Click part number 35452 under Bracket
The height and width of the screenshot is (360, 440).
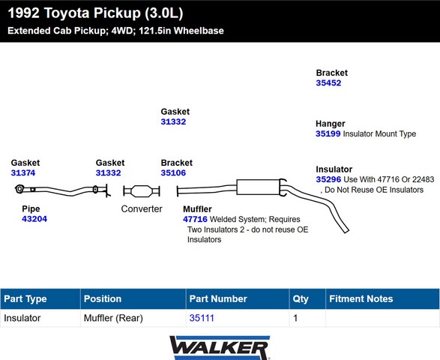point(328,82)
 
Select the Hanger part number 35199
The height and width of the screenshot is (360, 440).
point(328,133)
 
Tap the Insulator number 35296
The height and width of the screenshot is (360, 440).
point(328,179)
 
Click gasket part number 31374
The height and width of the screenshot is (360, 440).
point(23,172)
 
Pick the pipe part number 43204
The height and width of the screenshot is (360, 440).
point(34,219)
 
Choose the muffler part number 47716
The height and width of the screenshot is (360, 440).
point(195,219)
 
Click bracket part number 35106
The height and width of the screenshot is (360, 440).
point(173,172)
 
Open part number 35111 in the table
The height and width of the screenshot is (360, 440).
point(202,318)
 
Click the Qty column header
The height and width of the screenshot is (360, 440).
point(301,299)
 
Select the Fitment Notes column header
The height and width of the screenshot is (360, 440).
point(361,298)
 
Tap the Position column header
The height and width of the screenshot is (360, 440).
point(103,298)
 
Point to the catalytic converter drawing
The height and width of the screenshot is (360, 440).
point(142,191)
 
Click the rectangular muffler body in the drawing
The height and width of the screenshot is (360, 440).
point(258,187)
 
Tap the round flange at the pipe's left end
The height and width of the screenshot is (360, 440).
point(19,189)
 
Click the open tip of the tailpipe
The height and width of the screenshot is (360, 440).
point(346,231)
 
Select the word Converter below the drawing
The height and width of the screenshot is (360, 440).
point(142,209)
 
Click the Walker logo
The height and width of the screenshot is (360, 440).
point(220,348)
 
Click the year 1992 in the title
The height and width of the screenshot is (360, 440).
point(23,13)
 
